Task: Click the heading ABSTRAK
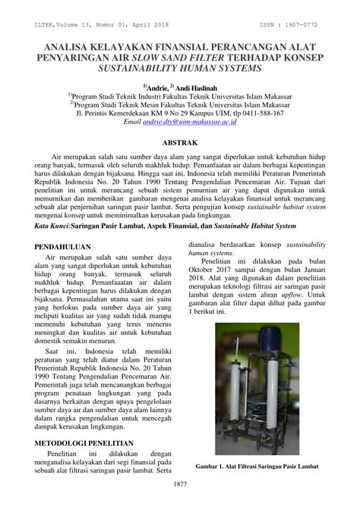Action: pyautogui.click(x=179, y=142)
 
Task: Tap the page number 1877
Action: pyautogui.click(x=180, y=484)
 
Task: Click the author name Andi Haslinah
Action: pyautogui.click(x=200, y=89)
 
